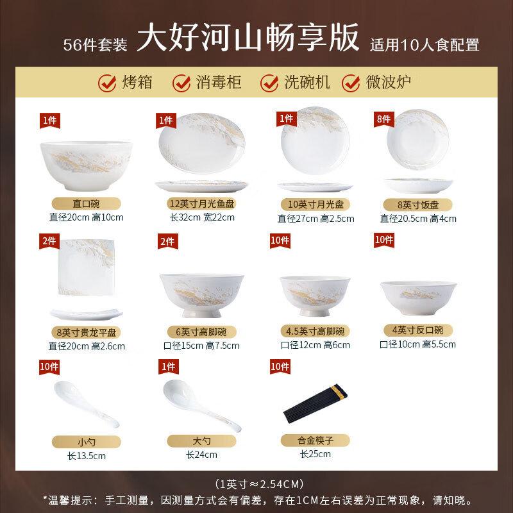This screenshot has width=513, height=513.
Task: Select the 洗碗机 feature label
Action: tap(307, 83)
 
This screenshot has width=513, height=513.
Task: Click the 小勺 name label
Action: tap(83, 442)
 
